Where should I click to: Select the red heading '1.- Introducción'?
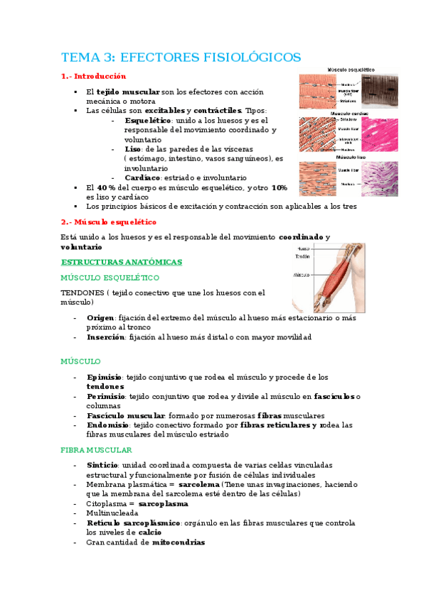(94, 76)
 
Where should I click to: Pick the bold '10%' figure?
(279, 187)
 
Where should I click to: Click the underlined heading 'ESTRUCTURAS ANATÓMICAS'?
(122, 262)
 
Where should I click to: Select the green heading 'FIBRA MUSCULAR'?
(96, 450)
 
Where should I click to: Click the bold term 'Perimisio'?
(106, 396)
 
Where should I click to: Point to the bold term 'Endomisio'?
(107, 425)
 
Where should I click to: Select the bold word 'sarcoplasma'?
(163, 503)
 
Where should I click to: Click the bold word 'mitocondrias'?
(178, 542)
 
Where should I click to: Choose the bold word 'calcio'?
(149, 532)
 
